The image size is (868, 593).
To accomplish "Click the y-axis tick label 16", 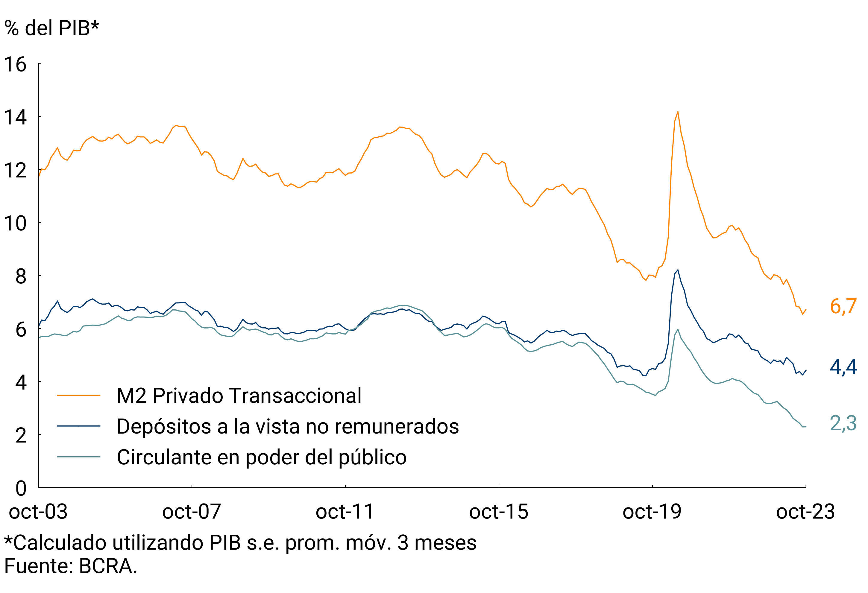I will [15, 65].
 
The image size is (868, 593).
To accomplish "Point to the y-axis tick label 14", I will [15, 118].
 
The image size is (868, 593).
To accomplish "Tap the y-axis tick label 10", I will [15, 223].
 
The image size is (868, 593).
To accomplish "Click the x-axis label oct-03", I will [38, 512].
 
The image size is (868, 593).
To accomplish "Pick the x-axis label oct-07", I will [192, 512].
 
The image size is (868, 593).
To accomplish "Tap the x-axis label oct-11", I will [345, 512].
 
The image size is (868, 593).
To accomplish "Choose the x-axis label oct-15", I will [499, 512].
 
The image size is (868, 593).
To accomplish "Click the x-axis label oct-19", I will [652, 512].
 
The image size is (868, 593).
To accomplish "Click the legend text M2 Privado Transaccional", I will [239, 396].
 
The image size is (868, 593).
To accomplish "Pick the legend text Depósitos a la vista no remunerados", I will [288, 426].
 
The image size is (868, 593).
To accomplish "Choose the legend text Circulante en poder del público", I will [261, 457].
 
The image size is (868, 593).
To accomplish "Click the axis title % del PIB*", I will [51, 28].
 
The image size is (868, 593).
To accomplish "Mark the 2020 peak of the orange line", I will [678, 112].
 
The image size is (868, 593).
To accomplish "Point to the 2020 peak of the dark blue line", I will [678, 270].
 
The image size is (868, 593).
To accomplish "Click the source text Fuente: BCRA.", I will [71, 566].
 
